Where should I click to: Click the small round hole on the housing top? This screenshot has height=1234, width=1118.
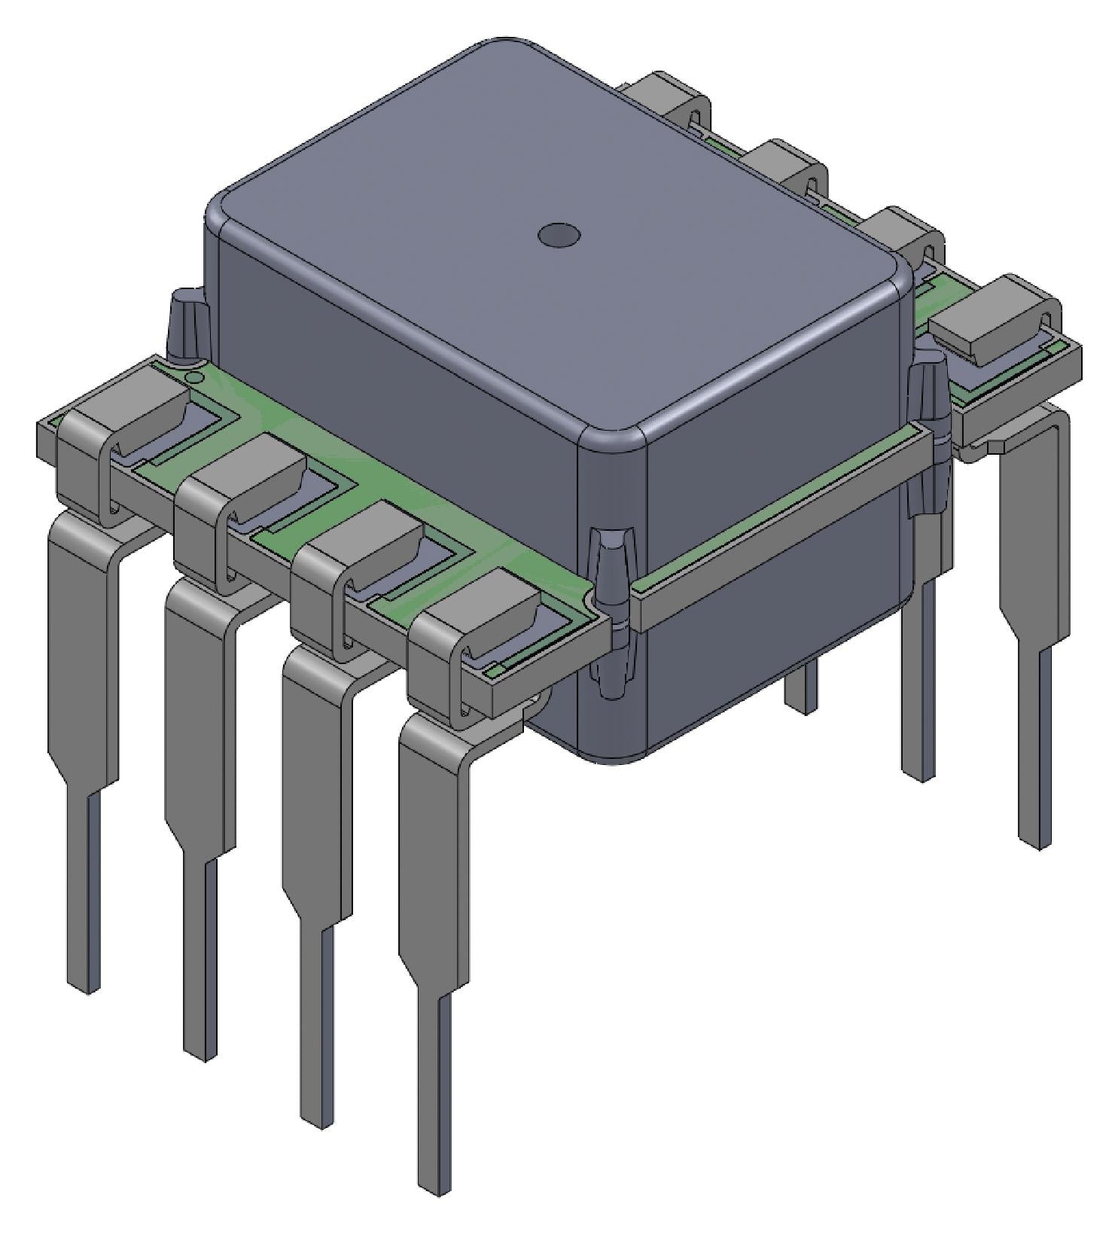pyautogui.click(x=559, y=235)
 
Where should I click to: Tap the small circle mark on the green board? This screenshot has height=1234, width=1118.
pyautogui.click(x=193, y=378)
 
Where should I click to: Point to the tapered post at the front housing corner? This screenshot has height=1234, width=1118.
pyautogui.click(x=611, y=610)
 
